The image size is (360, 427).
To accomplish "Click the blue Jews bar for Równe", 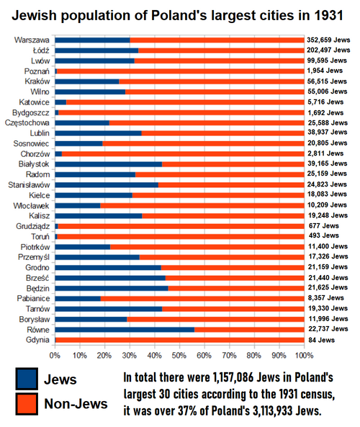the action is (x=125, y=330).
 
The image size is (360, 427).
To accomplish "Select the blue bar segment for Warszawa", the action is (x=93, y=40).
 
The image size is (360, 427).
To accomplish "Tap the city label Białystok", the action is (x=34, y=164).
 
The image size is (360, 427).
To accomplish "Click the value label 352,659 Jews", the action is (x=328, y=40).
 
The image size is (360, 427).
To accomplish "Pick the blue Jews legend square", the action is (x=27, y=379).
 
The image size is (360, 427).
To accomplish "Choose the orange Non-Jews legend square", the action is (x=27, y=404).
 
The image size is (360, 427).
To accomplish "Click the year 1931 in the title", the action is (x=329, y=15).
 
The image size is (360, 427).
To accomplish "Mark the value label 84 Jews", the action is (x=322, y=340).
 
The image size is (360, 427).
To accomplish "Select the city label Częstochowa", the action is (x=27, y=123).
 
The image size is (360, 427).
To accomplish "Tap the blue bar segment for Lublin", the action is (x=99, y=133).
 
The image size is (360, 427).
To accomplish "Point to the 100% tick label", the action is (x=305, y=356).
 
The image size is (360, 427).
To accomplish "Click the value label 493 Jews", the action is (x=324, y=235).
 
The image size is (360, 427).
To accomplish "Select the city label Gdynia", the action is (x=38, y=340).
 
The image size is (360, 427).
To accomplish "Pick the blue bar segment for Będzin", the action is (x=112, y=288).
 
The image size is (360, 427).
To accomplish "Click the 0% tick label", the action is (x=55, y=356).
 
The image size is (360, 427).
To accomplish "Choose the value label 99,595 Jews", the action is (x=327, y=60).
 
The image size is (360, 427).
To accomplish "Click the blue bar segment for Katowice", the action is (x=60, y=102).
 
